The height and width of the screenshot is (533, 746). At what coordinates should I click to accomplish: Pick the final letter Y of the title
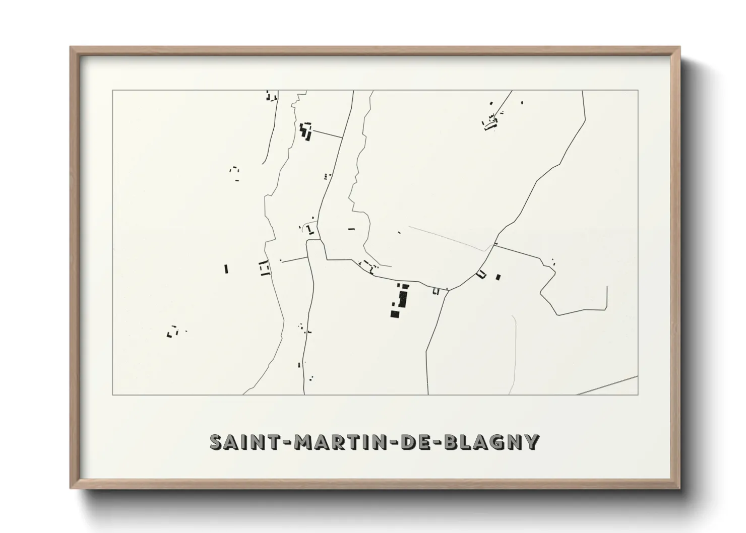point(532,442)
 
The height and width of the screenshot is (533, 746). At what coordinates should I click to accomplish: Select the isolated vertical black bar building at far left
point(226,269)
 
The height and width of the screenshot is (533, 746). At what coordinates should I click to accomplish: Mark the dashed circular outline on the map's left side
point(234,173)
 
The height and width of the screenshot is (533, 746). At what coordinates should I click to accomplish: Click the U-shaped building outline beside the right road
point(480,274)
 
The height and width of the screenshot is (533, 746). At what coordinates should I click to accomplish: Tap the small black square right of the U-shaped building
point(498,277)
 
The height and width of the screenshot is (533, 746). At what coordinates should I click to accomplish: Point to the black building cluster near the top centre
point(305,130)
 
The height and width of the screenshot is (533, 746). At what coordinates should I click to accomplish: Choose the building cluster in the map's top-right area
point(490,121)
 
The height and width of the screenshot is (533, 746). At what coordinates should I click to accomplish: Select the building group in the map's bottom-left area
point(173,331)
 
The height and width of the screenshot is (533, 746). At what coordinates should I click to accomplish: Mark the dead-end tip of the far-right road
point(607,287)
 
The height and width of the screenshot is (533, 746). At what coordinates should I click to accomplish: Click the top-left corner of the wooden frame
point(71,47)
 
